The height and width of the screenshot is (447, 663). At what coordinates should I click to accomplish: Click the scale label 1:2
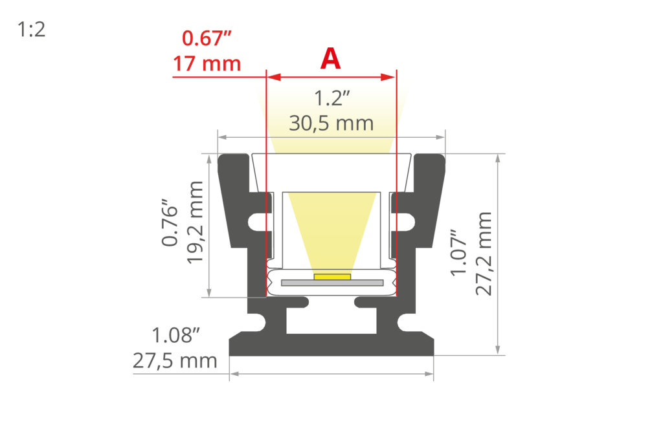(32, 30)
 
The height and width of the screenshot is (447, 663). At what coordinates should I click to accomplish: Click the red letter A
(330, 60)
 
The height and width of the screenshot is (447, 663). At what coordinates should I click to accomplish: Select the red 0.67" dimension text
(207, 39)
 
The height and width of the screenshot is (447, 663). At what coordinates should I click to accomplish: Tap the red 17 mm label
(207, 64)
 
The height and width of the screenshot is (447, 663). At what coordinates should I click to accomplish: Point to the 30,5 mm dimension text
(331, 122)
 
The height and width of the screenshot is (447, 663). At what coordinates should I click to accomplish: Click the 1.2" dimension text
(331, 99)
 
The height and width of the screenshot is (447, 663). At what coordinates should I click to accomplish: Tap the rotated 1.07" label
(459, 252)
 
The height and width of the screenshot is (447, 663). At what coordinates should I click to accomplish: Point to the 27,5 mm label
(175, 360)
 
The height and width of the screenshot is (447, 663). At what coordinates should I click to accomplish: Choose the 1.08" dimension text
(175, 336)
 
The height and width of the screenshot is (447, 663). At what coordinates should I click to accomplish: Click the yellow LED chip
(332, 277)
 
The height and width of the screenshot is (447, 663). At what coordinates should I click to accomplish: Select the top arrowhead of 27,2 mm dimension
(497, 158)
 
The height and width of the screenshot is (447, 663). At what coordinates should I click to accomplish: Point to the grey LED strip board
(332, 283)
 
